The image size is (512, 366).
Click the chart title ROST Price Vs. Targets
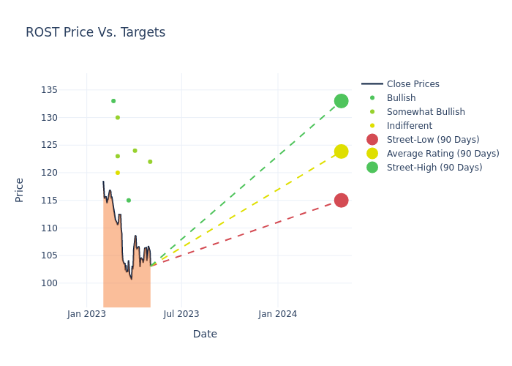95,32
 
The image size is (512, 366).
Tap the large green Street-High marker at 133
341,101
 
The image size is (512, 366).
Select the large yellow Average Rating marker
341,152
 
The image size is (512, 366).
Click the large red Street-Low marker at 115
341,201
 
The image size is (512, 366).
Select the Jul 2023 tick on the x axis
181,314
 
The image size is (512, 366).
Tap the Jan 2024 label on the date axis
278,314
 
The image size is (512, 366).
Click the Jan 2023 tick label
86,314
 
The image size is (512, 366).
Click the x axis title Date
205,334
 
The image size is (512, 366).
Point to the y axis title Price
20,190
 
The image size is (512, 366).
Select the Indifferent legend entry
409,126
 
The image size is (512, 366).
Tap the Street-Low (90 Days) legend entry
433,140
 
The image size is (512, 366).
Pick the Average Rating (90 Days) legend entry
443,154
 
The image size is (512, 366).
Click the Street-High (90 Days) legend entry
434,168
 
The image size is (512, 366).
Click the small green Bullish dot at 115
129,201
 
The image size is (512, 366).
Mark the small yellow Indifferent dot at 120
117,173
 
